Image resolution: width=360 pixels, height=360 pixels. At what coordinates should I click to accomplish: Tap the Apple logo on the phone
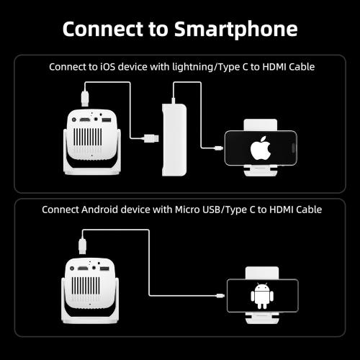pyautogui.click(x=260, y=150)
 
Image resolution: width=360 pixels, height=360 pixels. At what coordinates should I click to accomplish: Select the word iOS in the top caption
pyautogui.click(x=114, y=66)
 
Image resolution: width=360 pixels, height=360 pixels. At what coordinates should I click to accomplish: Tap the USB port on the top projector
pyautogui.click(x=107, y=120)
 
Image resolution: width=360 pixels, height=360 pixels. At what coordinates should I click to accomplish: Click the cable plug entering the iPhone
pyautogui.click(x=219, y=149)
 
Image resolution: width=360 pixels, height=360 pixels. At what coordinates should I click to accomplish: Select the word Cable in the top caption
pyautogui.click(x=297, y=66)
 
